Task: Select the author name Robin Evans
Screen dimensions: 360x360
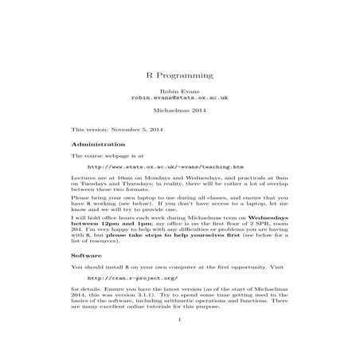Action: click(x=180, y=92)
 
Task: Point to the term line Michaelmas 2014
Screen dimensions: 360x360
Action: click(x=180, y=112)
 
